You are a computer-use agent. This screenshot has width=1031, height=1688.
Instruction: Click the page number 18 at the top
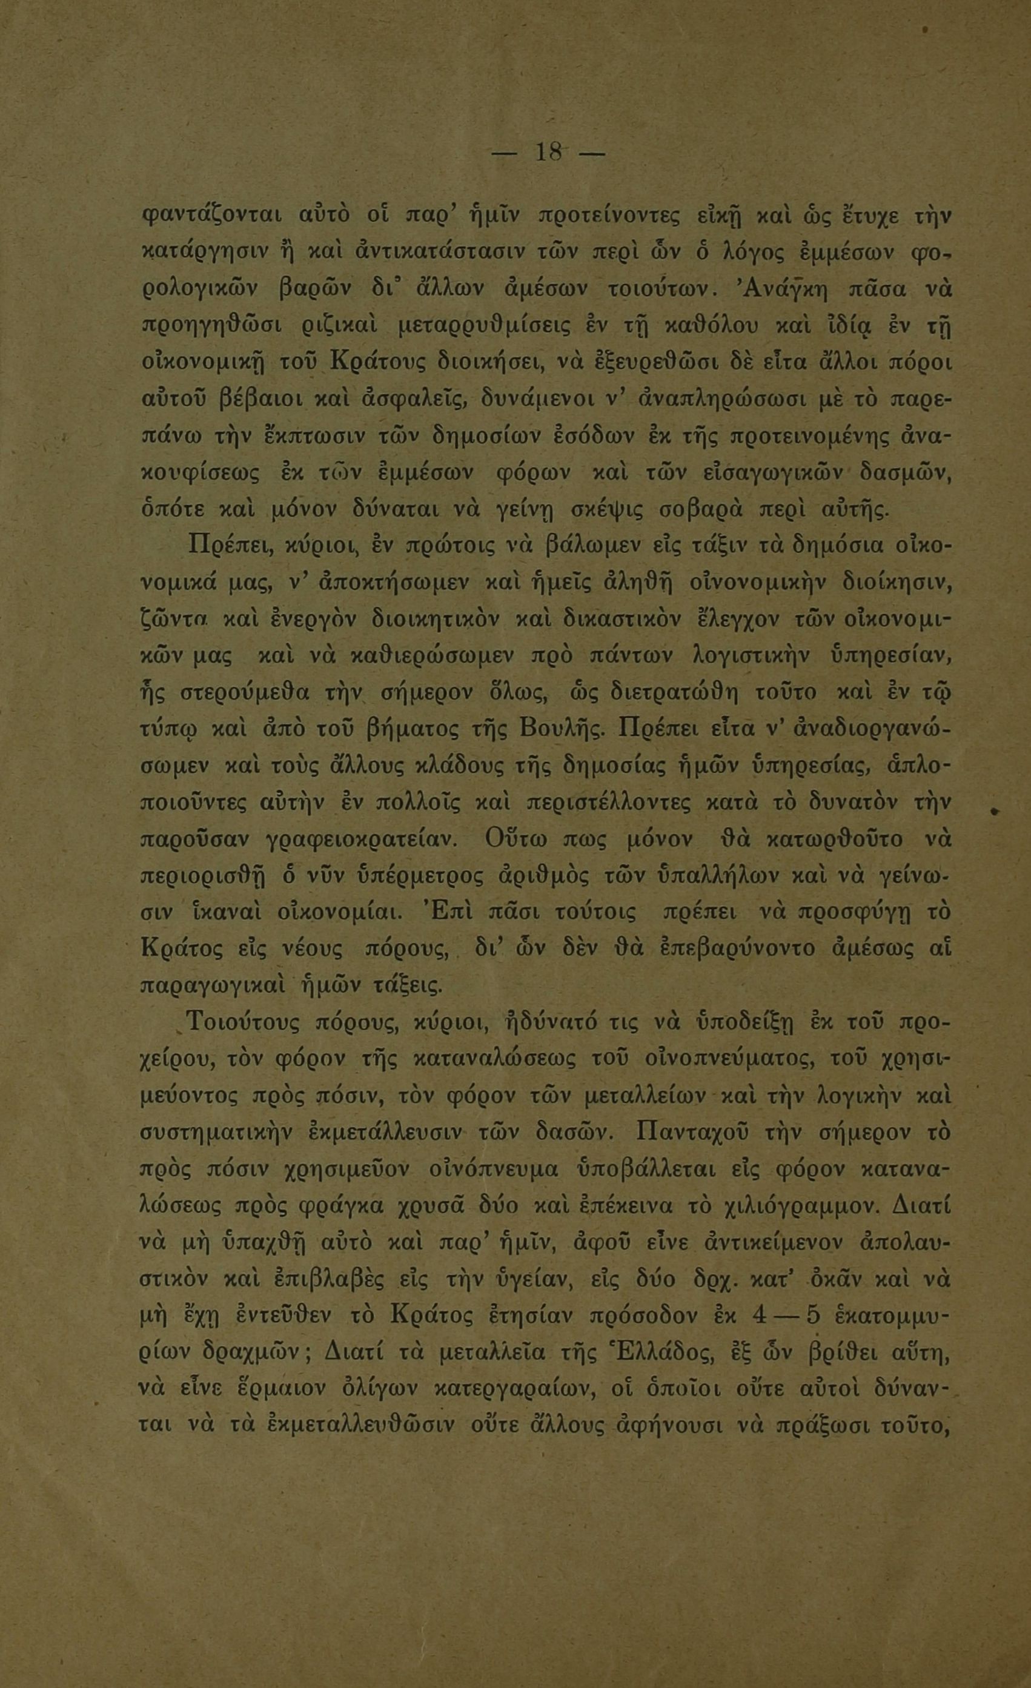coord(548,153)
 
